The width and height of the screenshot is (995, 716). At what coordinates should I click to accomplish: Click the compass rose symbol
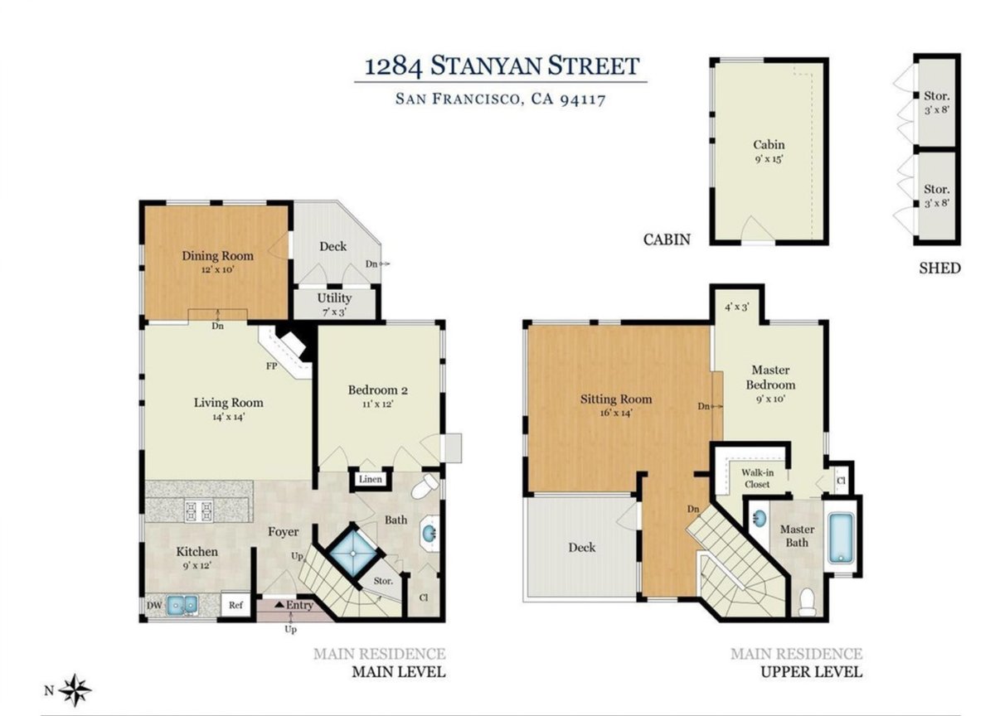click(x=75, y=690)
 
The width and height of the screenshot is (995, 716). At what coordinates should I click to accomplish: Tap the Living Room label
click(x=228, y=403)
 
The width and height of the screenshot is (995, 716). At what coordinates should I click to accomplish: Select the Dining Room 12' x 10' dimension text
click(x=217, y=269)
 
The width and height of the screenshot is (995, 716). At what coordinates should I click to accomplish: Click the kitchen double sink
click(x=182, y=605)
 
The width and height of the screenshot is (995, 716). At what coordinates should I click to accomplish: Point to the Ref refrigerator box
click(x=235, y=605)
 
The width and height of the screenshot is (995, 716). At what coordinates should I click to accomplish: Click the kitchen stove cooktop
click(x=198, y=510)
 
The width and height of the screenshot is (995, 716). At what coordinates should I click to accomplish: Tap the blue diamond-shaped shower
click(x=353, y=553)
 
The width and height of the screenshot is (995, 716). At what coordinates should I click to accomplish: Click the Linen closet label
click(x=371, y=479)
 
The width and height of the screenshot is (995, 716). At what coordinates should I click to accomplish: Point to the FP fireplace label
click(x=272, y=366)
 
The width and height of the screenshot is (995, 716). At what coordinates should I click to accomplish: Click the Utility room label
click(x=334, y=298)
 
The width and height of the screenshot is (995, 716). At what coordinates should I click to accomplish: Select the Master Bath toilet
click(x=807, y=602)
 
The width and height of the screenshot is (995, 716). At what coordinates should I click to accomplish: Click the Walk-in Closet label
click(x=757, y=478)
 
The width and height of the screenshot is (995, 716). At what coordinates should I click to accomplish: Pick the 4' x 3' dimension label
click(x=737, y=307)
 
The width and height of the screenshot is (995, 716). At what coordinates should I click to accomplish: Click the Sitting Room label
click(x=616, y=399)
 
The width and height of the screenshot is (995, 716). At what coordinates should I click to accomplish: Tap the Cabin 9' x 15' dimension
click(x=769, y=158)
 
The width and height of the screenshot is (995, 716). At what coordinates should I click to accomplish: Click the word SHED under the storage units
click(x=940, y=268)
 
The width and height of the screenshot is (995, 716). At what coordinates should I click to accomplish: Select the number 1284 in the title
click(x=394, y=66)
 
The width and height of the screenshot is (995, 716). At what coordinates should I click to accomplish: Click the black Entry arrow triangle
click(x=279, y=604)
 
